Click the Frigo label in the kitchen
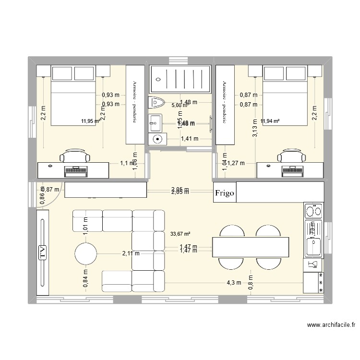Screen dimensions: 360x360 pos(225,193)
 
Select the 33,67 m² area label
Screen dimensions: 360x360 pos(180,234)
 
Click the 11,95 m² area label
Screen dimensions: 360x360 pos(91,121)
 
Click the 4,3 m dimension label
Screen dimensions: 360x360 pos(234,283)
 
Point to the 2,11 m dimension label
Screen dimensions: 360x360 pos(131,254)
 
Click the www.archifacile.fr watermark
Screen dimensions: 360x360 pos(331,325)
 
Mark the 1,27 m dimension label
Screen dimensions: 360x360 pos(235,163)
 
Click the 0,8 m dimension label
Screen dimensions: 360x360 pos(251,283)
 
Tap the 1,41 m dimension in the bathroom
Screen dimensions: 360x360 pos(189,139)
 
